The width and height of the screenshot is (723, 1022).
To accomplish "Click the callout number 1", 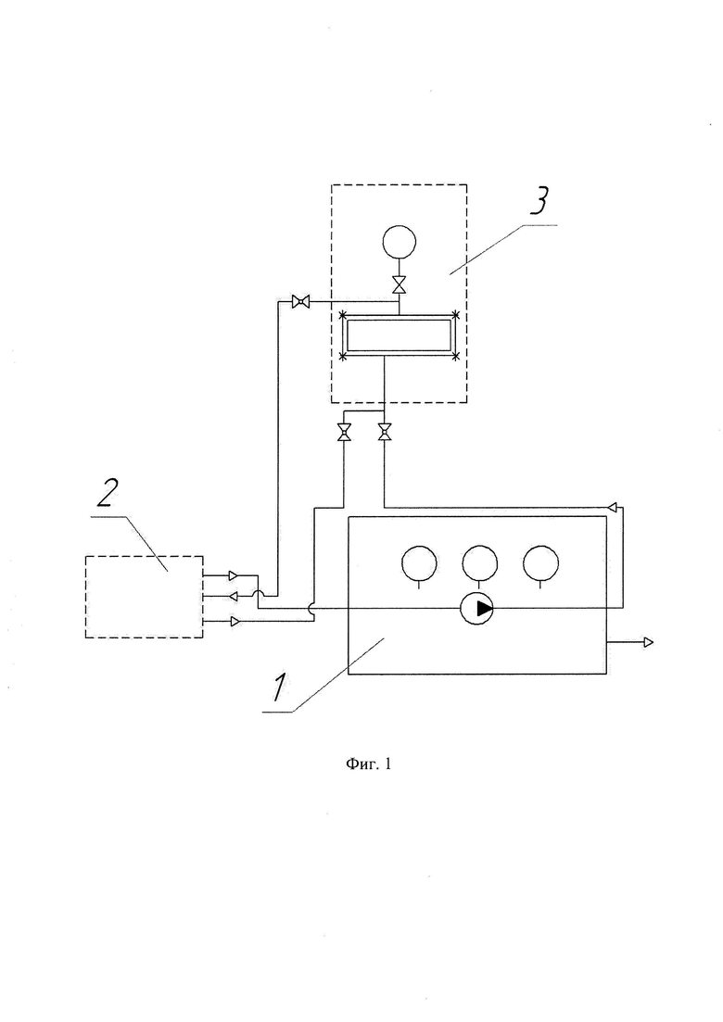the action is click(278, 688).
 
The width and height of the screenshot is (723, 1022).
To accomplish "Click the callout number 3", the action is click(539, 200).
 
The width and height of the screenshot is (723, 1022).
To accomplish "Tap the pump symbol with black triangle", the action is click(477, 608).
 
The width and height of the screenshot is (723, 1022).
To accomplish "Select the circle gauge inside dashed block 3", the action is click(399, 242).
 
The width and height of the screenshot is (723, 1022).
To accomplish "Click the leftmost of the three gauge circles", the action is click(419, 563).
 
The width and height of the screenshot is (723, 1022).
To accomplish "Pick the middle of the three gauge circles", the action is click(480, 563).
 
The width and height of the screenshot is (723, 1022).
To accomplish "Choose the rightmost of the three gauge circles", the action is click(540, 563).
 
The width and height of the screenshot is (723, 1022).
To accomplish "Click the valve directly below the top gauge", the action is click(399, 284).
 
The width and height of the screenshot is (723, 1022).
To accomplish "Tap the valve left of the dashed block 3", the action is click(300, 301).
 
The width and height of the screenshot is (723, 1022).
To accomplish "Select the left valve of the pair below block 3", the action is click(344, 432).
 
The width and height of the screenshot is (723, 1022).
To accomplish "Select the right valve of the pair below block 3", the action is click(385, 432).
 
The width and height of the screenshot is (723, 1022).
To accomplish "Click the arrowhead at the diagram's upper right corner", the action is click(612, 507).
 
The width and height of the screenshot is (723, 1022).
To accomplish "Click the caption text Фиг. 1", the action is click(368, 763).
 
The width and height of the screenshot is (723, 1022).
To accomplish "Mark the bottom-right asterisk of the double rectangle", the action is click(456, 356).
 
